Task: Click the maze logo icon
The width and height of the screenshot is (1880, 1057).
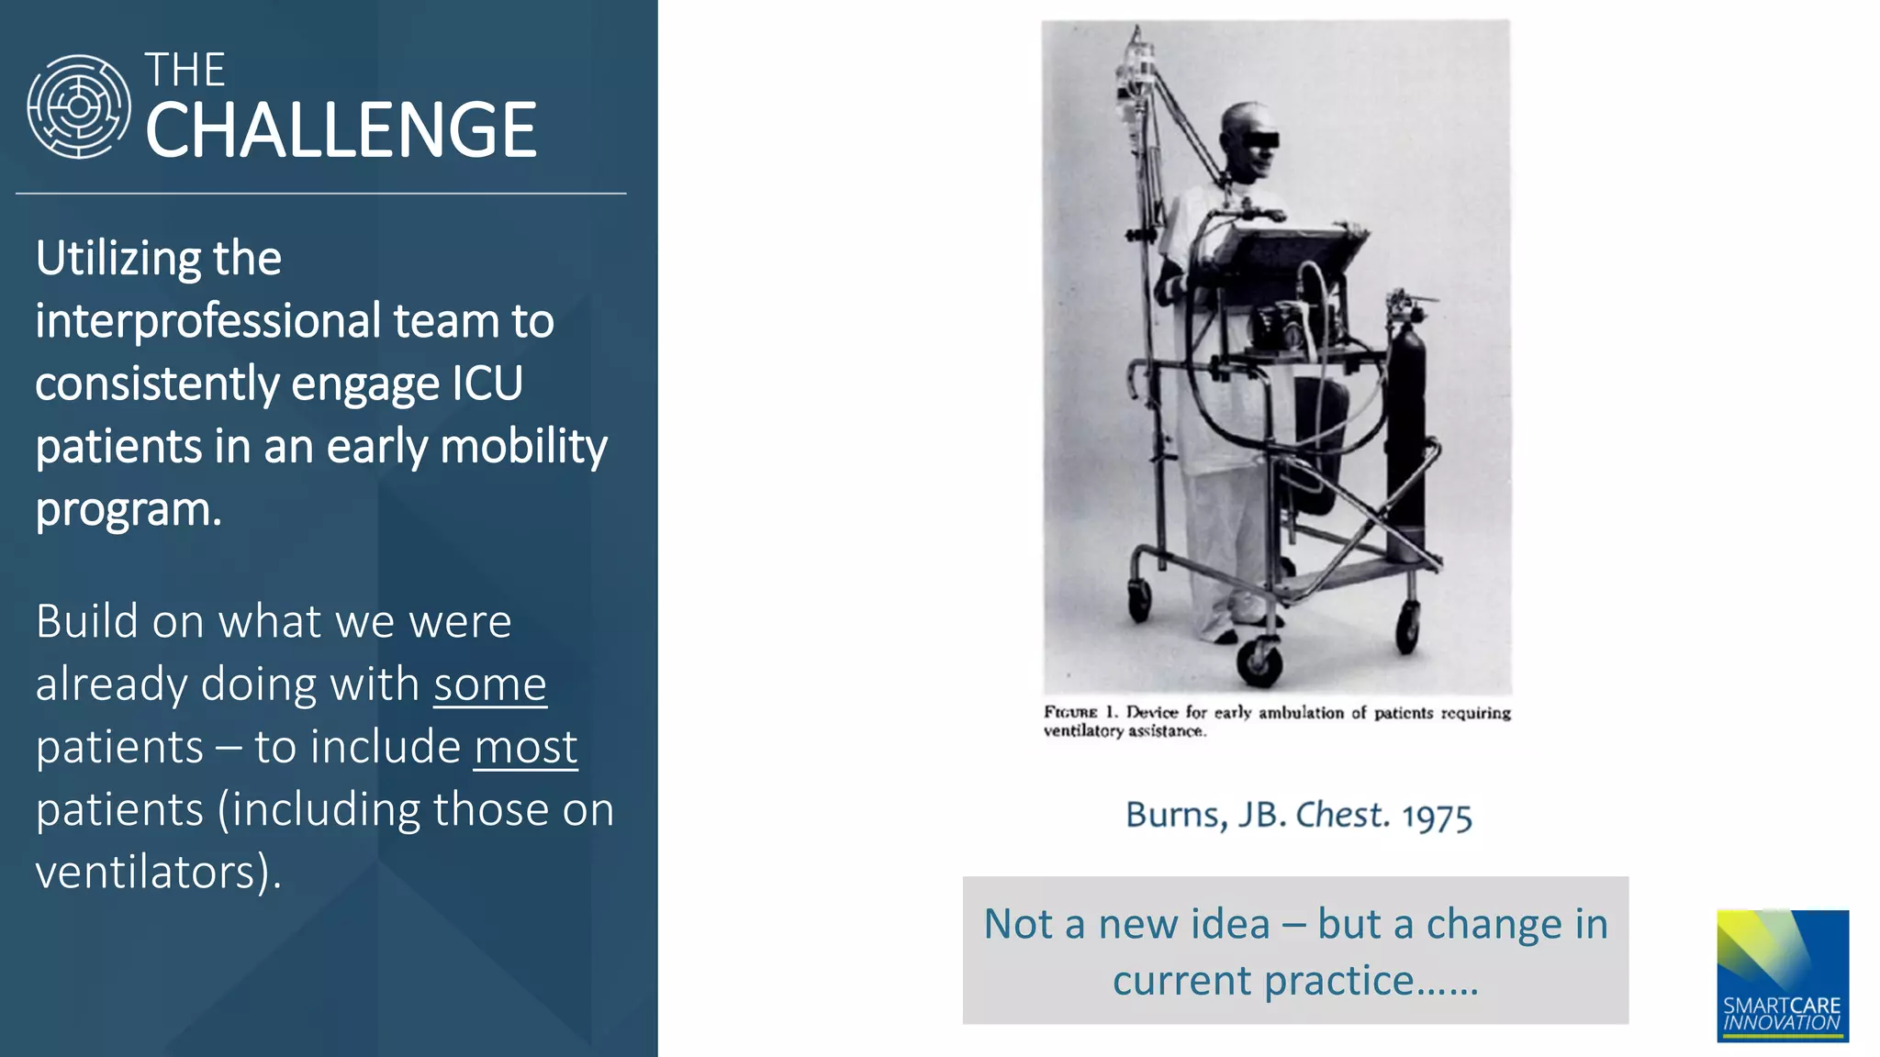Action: (x=79, y=106)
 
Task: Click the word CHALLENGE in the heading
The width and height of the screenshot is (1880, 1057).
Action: (x=341, y=130)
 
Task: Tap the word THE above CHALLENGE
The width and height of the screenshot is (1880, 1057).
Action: (x=185, y=70)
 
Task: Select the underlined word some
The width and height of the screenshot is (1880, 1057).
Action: (x=489, y=684)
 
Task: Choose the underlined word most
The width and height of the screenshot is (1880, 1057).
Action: (x=525, y=747)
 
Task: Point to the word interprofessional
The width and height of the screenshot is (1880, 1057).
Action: (x=207, y=321)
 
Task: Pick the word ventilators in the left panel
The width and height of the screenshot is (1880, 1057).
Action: (x=145, y=872)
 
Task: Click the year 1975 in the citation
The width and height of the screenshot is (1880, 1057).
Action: (x=1437, y=816)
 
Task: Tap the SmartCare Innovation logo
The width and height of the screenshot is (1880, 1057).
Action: (x=1782, y=975)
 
